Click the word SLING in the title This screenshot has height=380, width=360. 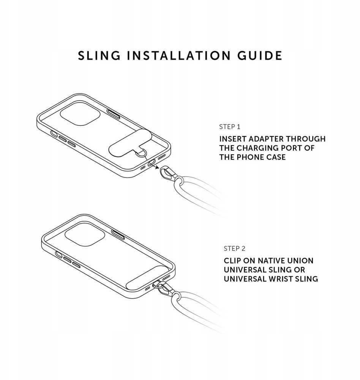pos(99,55)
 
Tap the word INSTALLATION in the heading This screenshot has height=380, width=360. pos(179,55)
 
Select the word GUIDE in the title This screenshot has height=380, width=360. pos(260,55)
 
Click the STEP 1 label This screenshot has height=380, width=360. pos(230,127)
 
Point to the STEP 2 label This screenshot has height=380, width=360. pos(235,249)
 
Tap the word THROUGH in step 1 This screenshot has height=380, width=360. pos(306,139)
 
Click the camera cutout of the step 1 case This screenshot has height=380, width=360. pos(80,114)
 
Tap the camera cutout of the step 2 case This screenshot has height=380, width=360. pos(85,234)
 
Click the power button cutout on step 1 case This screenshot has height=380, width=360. pos(114,114)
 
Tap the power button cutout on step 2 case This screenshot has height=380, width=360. pos(118,234)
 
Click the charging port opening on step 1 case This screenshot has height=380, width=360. pos(152,163)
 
